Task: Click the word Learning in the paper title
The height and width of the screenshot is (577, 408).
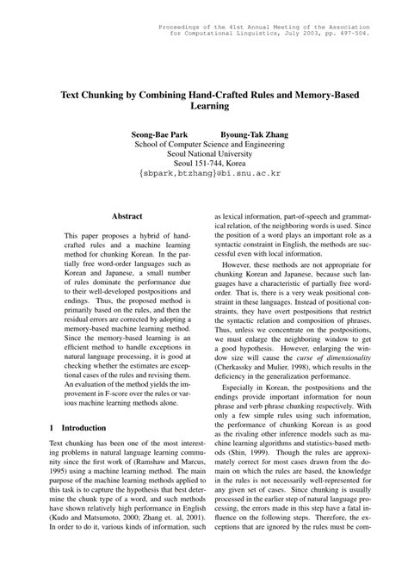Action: pyautogui.click(x=204, y=107)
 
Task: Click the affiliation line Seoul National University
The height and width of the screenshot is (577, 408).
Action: pyautogui.click(x=204, y=147)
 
